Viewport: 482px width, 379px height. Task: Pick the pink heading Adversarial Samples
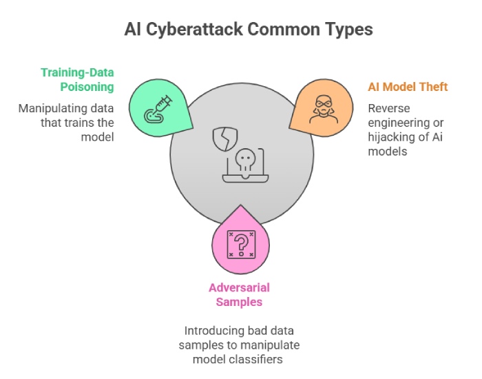[x=240, y=295]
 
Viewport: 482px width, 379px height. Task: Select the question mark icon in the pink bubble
[x=240, y=243]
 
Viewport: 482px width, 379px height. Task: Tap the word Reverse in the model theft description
[x=389, y=108]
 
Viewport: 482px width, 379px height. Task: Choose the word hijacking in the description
[x=395, y=139]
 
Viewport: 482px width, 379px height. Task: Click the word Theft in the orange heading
[x=432, y=87]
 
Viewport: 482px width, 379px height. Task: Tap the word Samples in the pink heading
[x=240, y=303]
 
